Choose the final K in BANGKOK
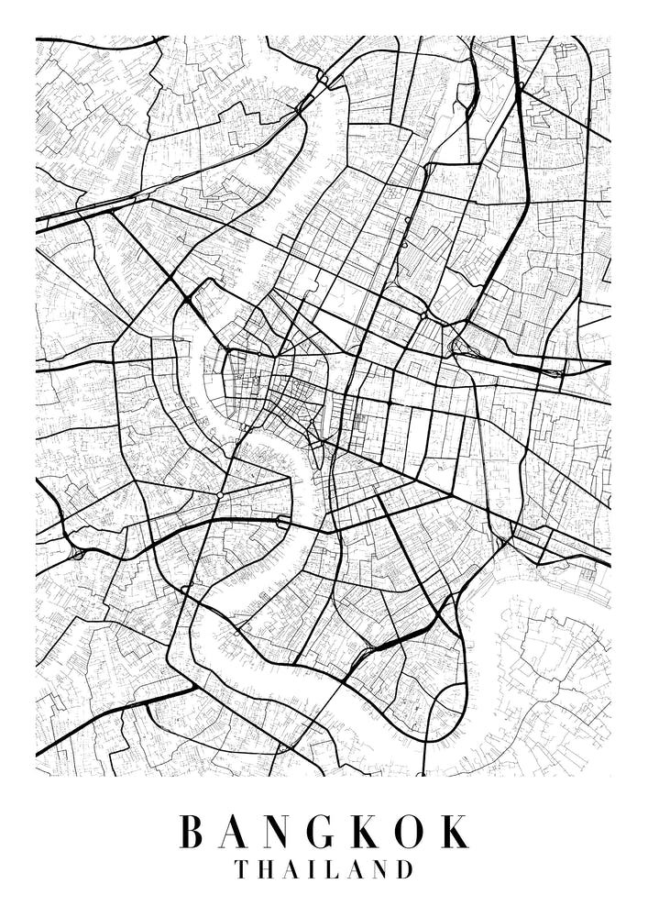[456, 832]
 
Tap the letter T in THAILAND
[242, 869]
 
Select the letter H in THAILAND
[267, 869]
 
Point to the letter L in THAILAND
[325, 869]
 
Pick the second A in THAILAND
[348, 869]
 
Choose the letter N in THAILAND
[375, 869]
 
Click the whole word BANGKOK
[324, 832]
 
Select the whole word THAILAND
[323, 869]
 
